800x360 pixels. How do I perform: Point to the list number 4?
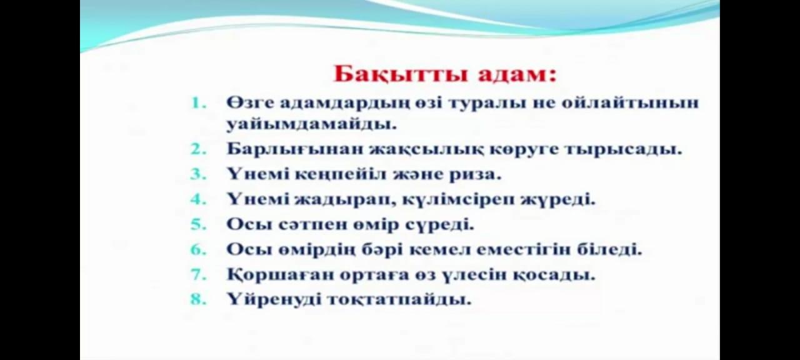199,199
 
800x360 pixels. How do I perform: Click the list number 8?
199,299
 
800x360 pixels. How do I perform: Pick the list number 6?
199,249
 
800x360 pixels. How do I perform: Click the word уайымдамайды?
312,125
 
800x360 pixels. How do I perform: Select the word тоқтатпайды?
399,299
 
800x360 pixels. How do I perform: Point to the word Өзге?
251,103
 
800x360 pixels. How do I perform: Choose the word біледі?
609,249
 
